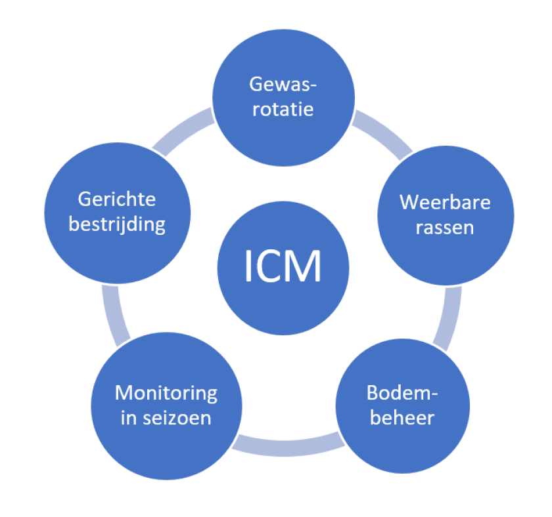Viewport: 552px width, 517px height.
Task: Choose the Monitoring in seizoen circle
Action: pyautogui.click(x=165, y=405)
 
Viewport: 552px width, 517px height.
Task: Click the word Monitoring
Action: pyautogui.click(x=166, y=393)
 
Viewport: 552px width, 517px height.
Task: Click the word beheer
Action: pyautogui.click(x=402, y=418)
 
